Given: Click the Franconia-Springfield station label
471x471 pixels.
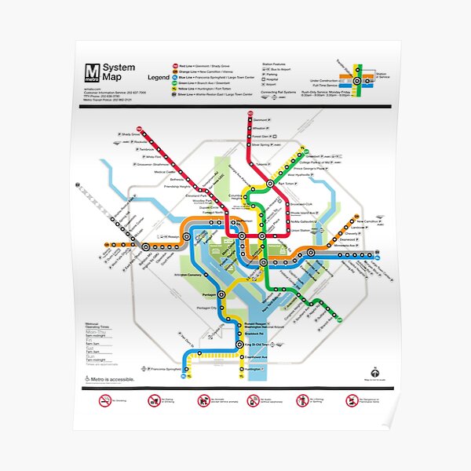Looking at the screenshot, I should point(164,368).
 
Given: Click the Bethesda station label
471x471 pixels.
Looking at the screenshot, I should point(168,178).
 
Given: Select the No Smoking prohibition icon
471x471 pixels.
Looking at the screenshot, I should point(105,400).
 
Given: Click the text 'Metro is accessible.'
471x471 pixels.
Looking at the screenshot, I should point(113,380).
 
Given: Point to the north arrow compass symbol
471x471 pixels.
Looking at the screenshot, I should point(376,373).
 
